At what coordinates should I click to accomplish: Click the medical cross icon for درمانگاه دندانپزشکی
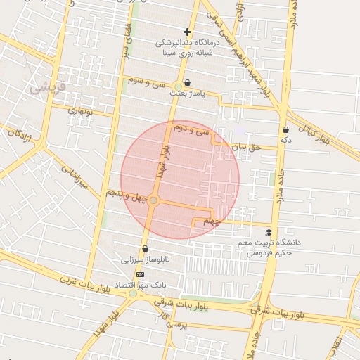(x=187, y=32)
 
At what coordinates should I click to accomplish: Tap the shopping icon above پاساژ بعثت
(x=187, y=82)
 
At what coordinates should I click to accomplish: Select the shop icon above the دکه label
(x=285, y=129)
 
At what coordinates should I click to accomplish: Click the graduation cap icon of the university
(x=268, y=232)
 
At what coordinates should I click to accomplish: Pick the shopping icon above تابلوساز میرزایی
(x=145, y=248)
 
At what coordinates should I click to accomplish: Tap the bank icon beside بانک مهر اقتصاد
(x=141, y=274)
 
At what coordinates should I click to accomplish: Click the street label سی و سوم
(x=146, y=82)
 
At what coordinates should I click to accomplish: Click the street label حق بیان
(x=246, y=147)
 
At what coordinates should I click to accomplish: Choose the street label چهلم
(x=212, y=222)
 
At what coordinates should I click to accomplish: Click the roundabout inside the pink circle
(x=154, y=201)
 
